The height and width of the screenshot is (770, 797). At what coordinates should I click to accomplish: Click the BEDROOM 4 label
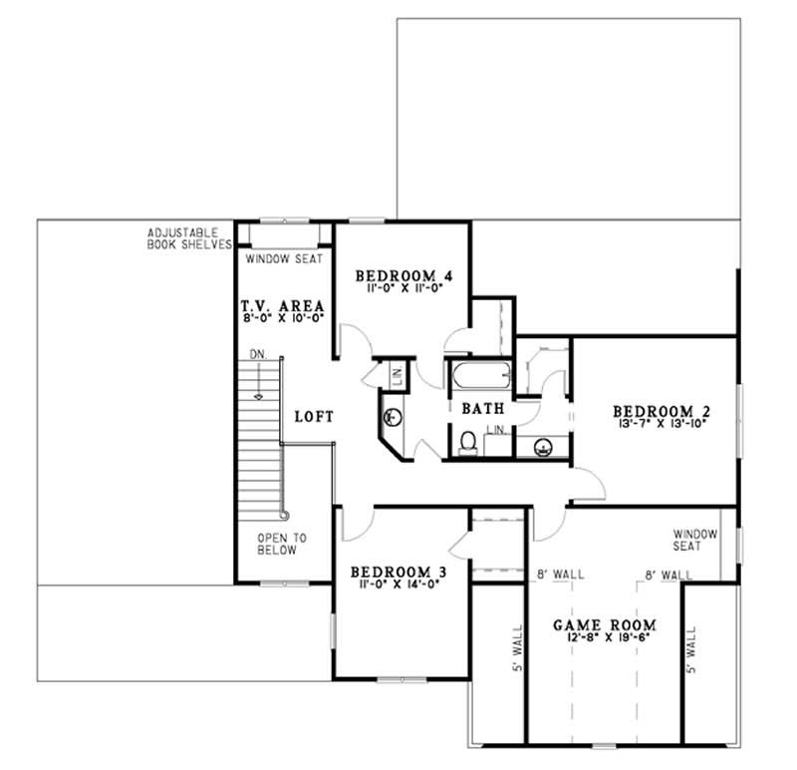click(x=398, y=275)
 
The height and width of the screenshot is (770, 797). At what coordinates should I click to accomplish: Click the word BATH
click(x=481, y=408)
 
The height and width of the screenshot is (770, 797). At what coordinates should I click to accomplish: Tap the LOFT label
click(x=313, y=416)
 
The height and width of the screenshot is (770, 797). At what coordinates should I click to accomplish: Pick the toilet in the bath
click(x=468, y=442)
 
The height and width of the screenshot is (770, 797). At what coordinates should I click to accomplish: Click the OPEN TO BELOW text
click(x=282, y=543)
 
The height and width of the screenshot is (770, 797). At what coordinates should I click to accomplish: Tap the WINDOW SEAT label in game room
click(x=688, y=540)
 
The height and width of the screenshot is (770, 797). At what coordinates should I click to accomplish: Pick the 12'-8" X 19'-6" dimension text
click(x=608, y=640)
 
